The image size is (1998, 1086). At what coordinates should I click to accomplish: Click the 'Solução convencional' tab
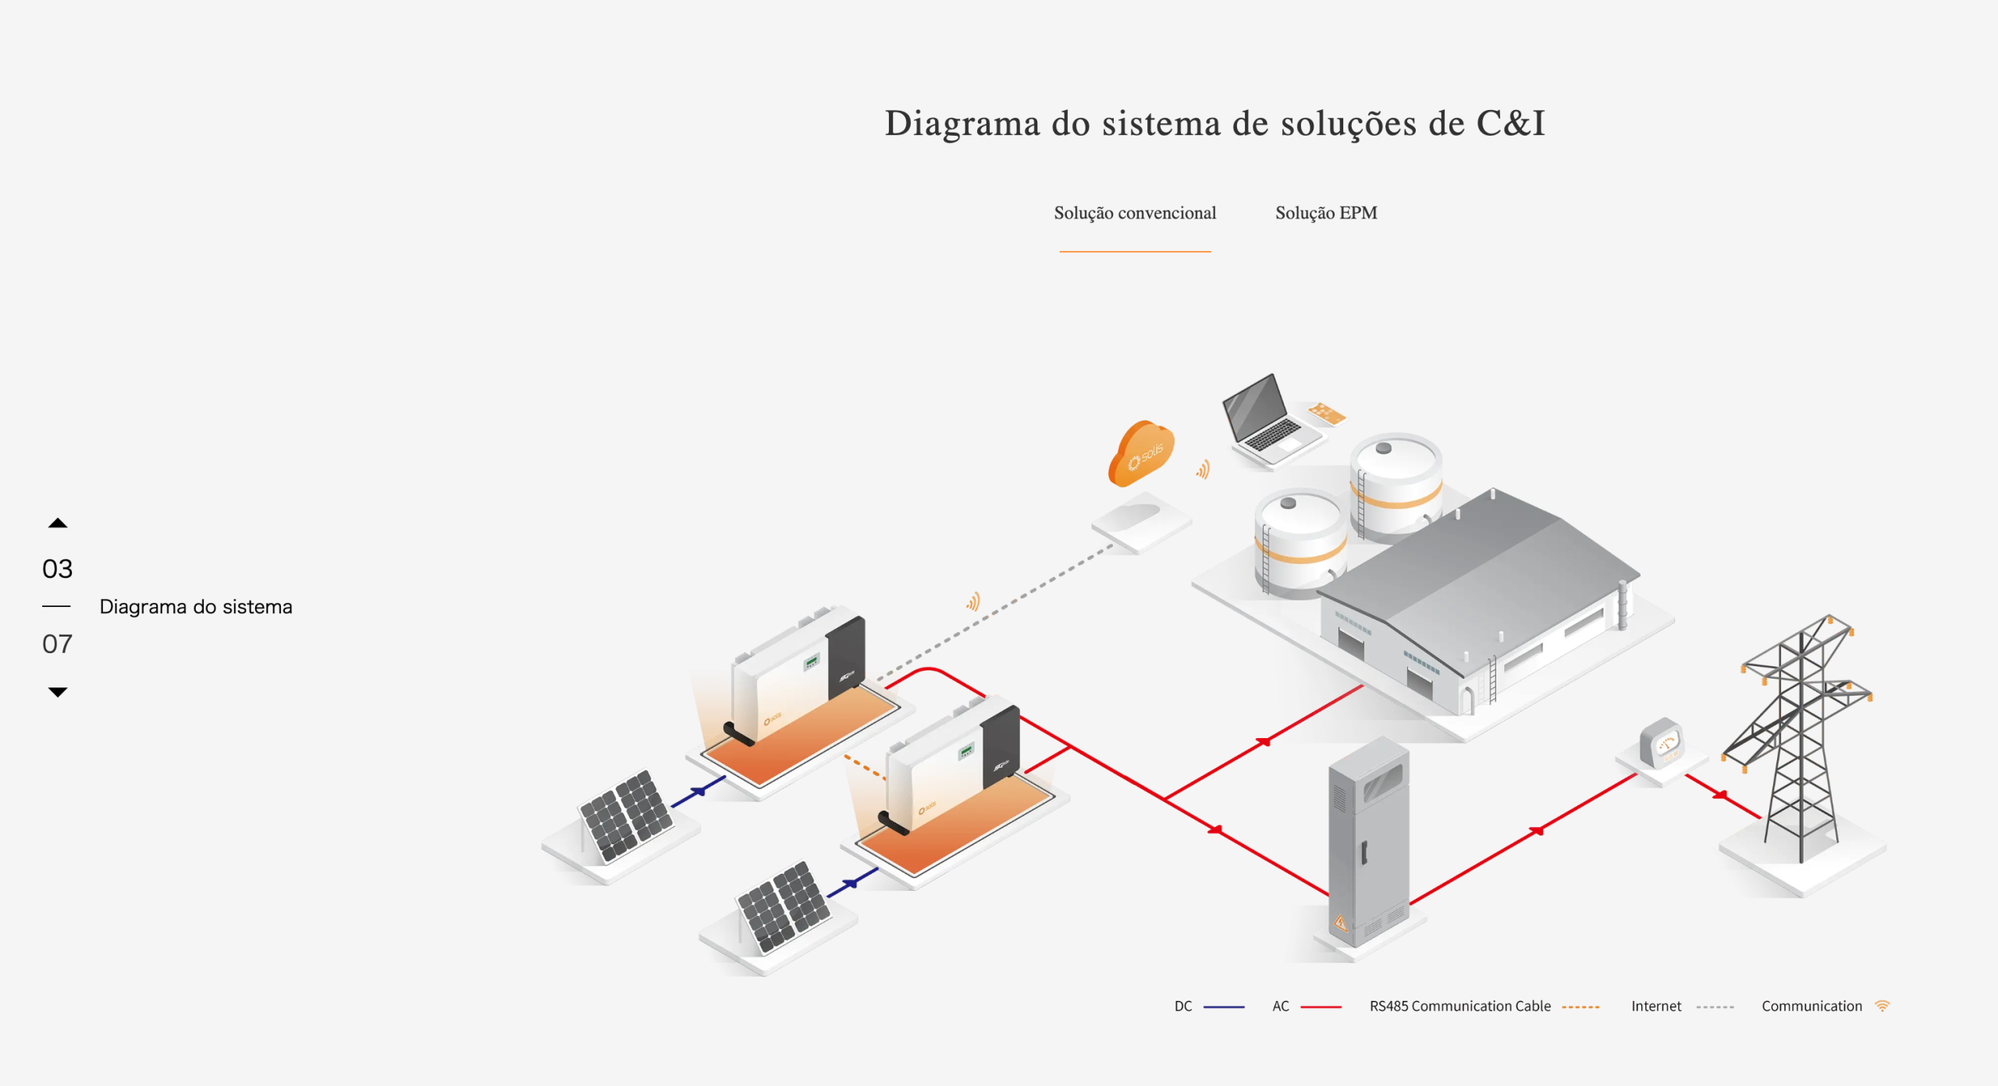coord(1135,213)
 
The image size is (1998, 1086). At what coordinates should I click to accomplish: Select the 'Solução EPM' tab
coord(1326,213)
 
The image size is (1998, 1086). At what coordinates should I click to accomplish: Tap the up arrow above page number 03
coord(58,523)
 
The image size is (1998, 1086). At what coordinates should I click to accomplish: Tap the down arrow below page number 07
coord(58,692)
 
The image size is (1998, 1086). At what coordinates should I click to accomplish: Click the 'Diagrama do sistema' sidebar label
coord(196,607)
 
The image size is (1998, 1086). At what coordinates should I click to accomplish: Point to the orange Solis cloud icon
coord(1141,453)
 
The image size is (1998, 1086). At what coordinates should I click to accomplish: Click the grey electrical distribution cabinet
coord(1369,843)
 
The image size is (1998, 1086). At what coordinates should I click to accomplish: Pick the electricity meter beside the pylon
coord(1661,744)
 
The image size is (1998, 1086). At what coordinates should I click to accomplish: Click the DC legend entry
coord(1183,1006)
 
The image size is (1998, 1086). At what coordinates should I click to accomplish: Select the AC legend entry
coord(1281,1006)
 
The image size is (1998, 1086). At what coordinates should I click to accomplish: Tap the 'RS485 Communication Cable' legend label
coord(1459,1006)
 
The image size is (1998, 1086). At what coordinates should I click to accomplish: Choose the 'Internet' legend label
coord(1655,1006)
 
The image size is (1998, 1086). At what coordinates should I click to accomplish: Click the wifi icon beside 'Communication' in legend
coord(1882,1006)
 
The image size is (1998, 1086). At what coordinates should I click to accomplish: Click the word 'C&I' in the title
coord(1510,123)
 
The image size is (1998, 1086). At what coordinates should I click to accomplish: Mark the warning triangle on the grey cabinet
coord(1340,924)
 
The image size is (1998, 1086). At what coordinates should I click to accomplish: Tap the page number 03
coord(58,569)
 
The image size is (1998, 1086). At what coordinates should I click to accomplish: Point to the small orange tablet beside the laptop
coord(1327,413)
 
